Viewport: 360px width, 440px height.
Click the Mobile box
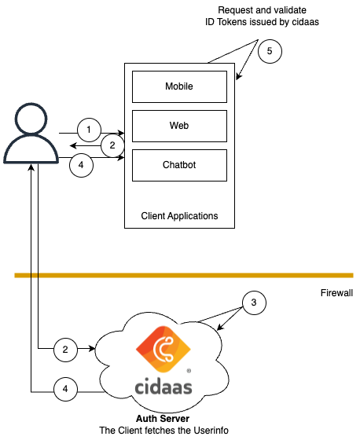[179, 86]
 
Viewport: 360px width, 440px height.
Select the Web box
[179, 126]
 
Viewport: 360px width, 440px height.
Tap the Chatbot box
[179, 165]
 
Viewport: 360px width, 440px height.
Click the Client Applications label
[179, 215]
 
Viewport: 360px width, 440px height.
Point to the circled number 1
[90, 129]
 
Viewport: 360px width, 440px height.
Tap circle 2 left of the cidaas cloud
[67, 349]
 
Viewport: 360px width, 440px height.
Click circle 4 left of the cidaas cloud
[67, 388]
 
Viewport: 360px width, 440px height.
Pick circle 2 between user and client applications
[112, 145]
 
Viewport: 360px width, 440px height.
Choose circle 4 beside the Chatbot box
[81, 164]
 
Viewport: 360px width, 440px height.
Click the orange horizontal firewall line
[181, 276]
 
